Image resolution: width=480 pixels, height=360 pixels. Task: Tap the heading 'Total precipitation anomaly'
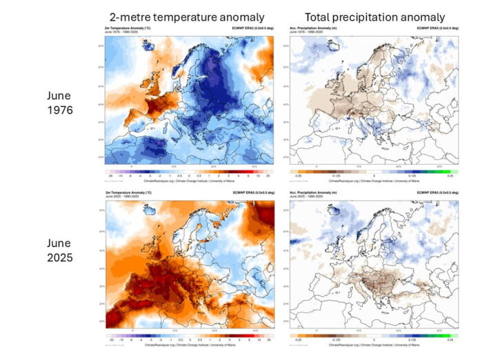click(x=376, y=17)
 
